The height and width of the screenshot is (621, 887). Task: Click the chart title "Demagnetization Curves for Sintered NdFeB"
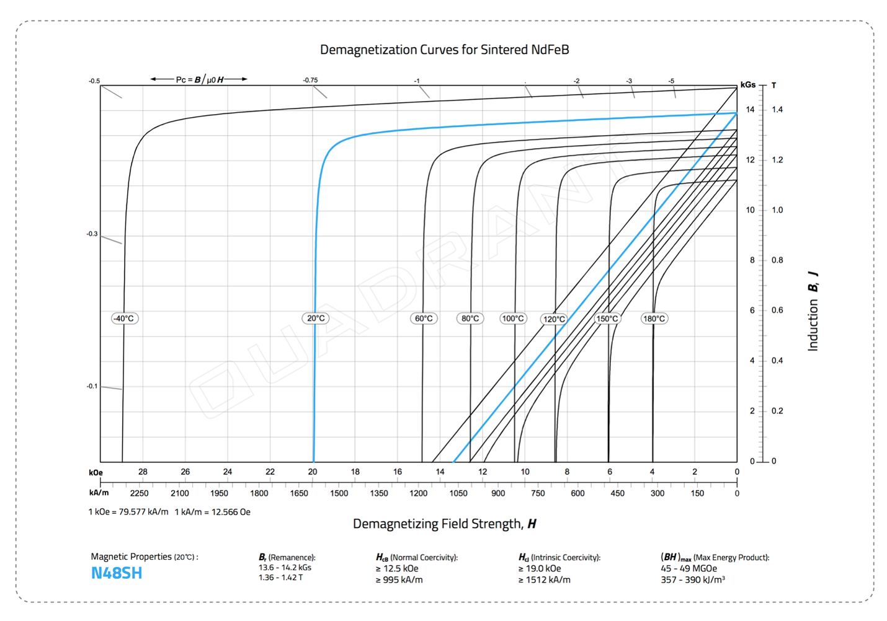click(x=444, y=50)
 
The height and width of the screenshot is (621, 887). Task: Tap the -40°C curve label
click(x=124, y=319)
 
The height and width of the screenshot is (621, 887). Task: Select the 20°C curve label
click(x=316, y=319)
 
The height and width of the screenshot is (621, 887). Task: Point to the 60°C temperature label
click(x=424, y=319)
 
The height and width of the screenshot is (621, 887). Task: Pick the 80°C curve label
click(x=470, y=319)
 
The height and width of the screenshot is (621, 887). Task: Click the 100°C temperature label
click(x=513, y=319)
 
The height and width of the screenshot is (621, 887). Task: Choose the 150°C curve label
click(x=607, y=319)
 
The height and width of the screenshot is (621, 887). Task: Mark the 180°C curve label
click(x=654, y=319)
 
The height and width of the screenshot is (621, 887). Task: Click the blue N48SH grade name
click(x=117, y=573)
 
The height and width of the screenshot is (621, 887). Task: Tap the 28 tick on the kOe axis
click(x=143, y=472)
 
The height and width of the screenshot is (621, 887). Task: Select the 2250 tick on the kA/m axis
click(x=139, y=493)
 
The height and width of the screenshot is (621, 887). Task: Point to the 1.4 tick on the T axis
click(x=777, y=110)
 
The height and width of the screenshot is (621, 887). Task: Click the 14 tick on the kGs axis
click(x=751, y=110)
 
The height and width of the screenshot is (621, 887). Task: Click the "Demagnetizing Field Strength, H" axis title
click(x=444, y=524)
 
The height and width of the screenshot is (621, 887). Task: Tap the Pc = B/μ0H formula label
click(x=199, y=79)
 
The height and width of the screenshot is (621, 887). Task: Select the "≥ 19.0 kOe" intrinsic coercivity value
click(x=540, y=568)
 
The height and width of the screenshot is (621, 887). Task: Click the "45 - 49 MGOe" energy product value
click(x=689, y=568)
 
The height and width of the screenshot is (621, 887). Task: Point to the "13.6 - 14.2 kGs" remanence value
click(x=285, y=567)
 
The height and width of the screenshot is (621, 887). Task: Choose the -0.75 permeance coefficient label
click(x=310, y=80)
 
